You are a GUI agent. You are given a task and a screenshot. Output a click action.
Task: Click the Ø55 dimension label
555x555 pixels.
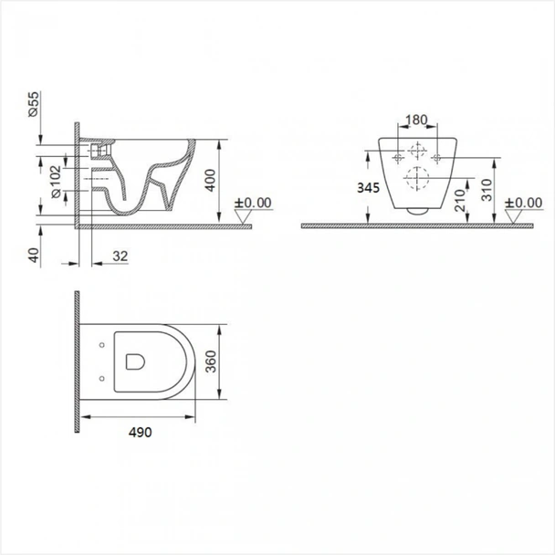(x=33, y=104)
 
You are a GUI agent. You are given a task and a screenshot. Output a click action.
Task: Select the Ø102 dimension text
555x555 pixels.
(x=56, y=182)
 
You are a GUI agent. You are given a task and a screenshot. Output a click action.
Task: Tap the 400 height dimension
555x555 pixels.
(x=210, y=181)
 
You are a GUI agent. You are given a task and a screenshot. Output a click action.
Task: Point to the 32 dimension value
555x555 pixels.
(x=120, y=256)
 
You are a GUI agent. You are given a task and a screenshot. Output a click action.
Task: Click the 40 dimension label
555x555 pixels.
(x=34, y=255)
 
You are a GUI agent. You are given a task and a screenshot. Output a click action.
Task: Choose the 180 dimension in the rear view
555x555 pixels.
(x=416, y=120)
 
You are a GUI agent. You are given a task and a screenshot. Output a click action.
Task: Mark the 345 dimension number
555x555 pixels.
(x=368, y=188)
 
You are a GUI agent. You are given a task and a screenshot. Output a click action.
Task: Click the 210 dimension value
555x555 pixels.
(x=460, y=200)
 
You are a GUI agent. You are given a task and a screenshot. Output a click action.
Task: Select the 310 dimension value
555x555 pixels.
(x=487, y=190)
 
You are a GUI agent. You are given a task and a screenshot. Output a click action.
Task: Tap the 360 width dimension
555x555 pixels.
(x=211, y=361)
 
